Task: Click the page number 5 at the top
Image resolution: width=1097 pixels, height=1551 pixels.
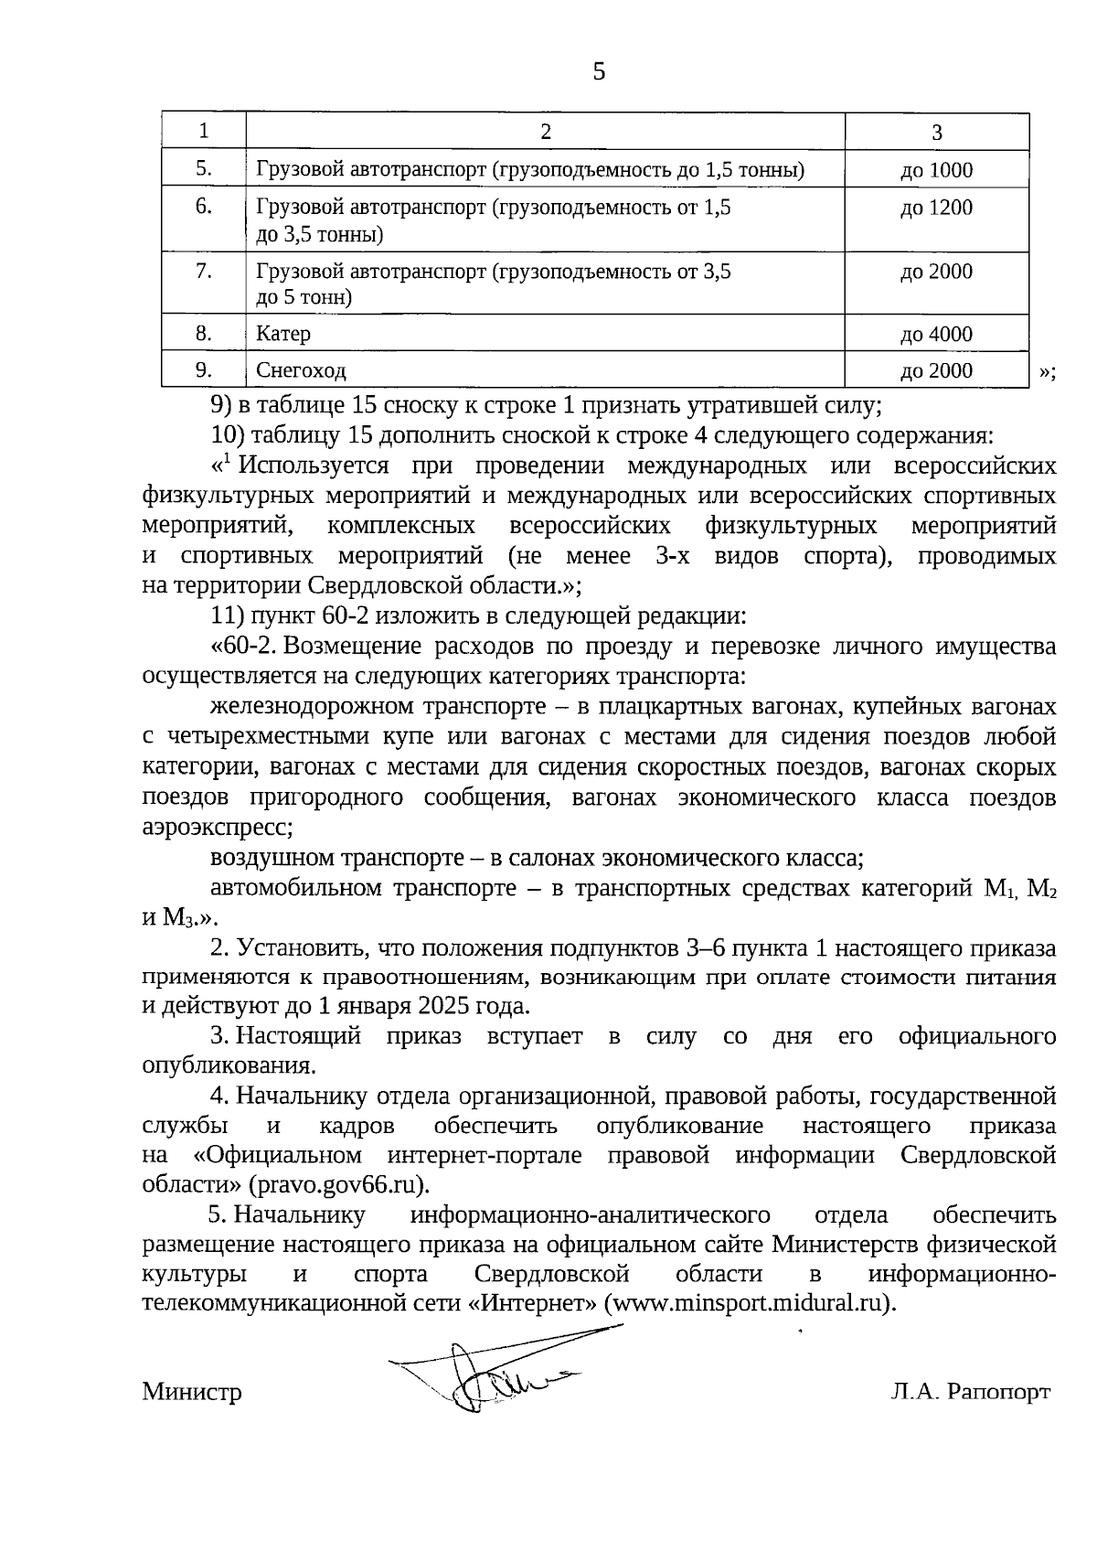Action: pos(599,72)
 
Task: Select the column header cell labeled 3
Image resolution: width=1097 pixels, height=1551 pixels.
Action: pos(936,132)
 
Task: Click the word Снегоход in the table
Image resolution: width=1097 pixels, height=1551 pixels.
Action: pos(301,370)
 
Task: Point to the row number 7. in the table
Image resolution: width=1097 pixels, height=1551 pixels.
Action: pos(204,271)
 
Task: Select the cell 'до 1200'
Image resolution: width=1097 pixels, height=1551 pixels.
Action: pos(936,208)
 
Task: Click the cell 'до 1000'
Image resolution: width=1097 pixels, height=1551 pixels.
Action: pos(936,170)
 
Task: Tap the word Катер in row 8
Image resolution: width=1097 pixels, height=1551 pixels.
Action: pos(283,334)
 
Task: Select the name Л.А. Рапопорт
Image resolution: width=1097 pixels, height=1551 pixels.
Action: pos(970,1391)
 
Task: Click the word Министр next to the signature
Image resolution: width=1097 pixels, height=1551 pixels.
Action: pos(192,1392)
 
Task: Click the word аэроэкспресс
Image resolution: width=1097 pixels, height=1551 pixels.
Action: pos(217,828)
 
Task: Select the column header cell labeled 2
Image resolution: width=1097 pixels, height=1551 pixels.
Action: pos(545,132)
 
